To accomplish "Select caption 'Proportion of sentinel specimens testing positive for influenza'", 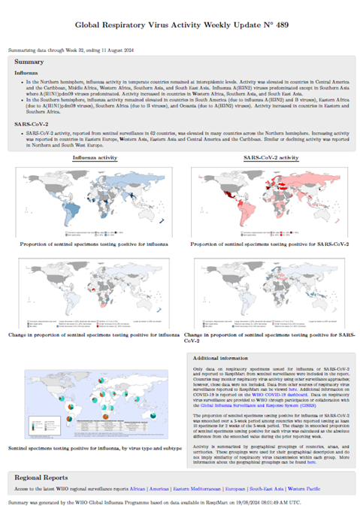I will [x=94, y=245].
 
